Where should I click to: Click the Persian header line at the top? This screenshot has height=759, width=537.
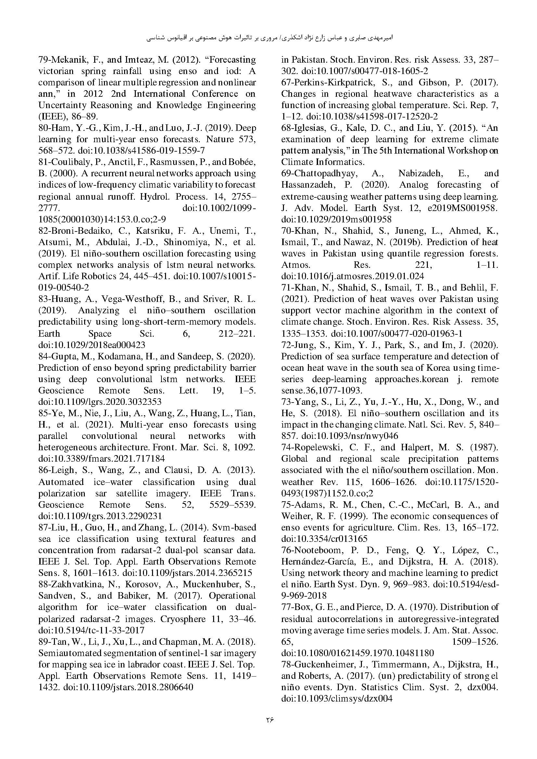269,38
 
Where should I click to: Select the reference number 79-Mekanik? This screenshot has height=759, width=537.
63,60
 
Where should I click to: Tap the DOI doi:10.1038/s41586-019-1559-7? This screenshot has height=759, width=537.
141,151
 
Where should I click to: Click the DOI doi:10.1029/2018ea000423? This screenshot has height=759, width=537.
92,345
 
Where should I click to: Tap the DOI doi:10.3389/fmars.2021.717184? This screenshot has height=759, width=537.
102,459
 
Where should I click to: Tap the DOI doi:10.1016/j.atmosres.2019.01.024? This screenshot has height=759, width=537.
352,276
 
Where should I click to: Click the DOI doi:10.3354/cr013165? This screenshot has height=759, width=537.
324,539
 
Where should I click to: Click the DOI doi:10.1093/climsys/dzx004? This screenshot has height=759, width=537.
337,699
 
